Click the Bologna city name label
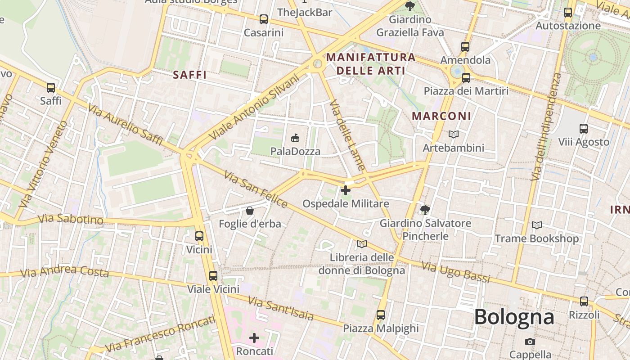tap(514, 317)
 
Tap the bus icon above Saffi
tap(51, 88)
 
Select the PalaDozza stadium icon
tap(295, 138)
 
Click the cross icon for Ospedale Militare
tap(346, 190)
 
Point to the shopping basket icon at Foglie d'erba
tap(250, 210)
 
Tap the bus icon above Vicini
tap(199, 236)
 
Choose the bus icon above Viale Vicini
tap(213, 275)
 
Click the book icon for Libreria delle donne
tap(362, 244)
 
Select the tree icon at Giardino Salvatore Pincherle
tap(425, 210)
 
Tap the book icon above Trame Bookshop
tap(537, 225)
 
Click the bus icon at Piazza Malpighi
tap(381, 315)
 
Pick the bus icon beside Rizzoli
tap(584, 301)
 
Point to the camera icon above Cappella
tap(530, 342)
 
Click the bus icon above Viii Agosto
tap(584, 128)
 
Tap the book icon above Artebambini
tap(454, 134)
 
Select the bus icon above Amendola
tap(465, 46)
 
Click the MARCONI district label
tap(441, 116)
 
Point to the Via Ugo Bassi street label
tap(455, 272)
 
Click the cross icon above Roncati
tap(254, 337)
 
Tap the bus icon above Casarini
tap(264, 19)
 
